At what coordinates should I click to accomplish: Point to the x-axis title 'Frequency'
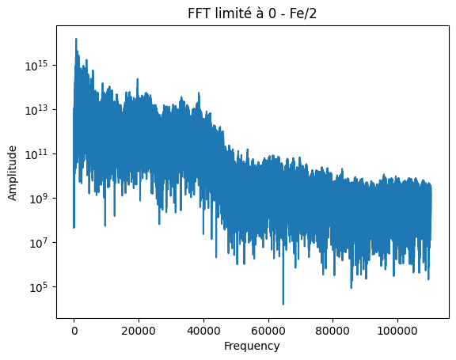point(252,346)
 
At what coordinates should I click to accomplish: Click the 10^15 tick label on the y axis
point(40,66)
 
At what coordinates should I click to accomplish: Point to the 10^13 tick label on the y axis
point(40,110)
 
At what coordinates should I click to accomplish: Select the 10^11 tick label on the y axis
point(40,154)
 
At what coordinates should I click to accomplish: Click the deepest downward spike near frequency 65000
point(283,304)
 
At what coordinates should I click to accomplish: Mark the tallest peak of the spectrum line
point(76,39)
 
